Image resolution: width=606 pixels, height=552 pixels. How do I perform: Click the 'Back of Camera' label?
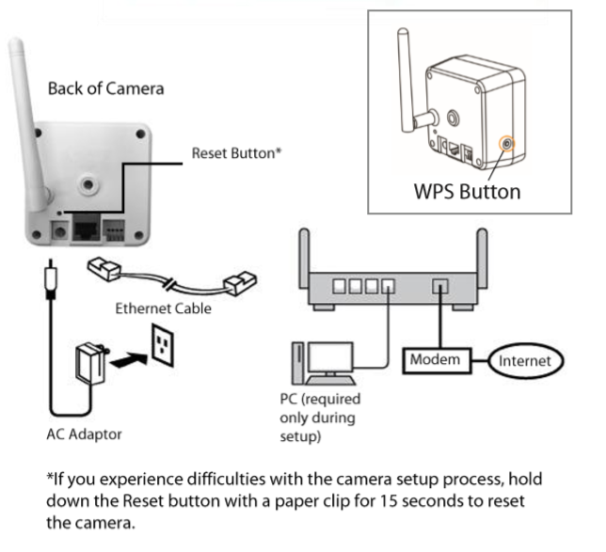[106, 89]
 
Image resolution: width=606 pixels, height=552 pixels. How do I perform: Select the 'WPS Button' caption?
[467, 192]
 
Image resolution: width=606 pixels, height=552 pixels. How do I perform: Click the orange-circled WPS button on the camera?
[508, 144]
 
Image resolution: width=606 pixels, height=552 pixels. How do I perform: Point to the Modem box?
[435, 360]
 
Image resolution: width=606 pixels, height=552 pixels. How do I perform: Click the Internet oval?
[526, 360]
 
